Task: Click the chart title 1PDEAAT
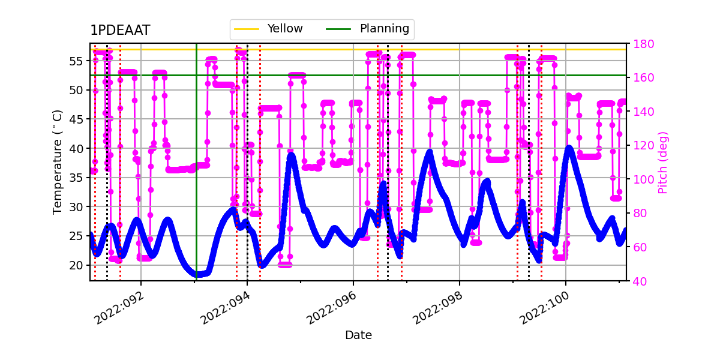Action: (120, 31)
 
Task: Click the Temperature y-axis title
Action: (58, 162)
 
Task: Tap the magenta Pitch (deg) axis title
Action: (662, 162)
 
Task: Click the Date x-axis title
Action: (358, 335)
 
